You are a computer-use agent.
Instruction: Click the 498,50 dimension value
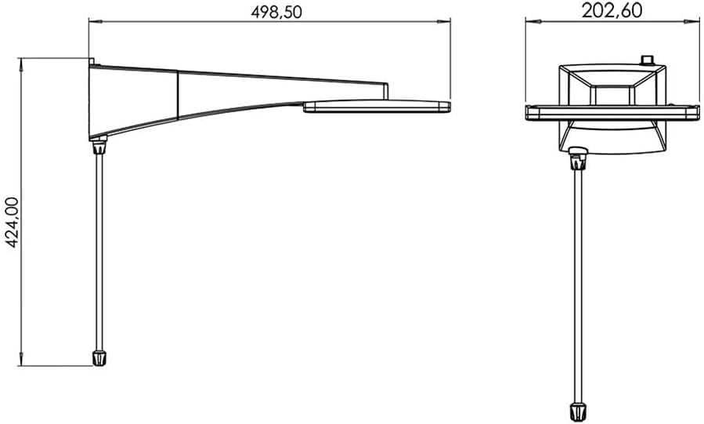276,12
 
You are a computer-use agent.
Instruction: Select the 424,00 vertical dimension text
12,223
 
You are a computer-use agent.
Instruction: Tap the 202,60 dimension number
612,10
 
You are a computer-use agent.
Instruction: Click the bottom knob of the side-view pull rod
99,358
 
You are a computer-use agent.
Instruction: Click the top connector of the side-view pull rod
99,146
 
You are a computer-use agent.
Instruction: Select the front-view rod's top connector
578,158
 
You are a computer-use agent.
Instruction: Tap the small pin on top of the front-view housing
647,60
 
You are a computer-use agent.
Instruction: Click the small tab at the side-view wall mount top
91,62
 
